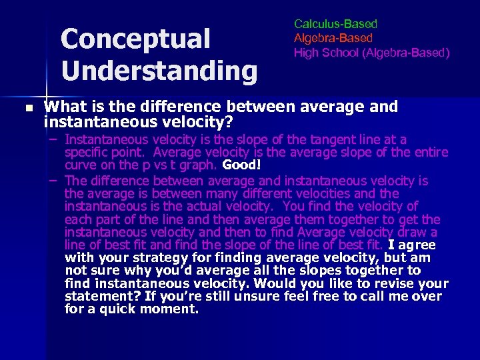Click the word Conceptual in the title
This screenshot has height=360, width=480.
click(x=135, y=39)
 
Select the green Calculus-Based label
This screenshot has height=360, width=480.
click(x=335, y=24)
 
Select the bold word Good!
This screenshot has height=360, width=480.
click(x=242, y=165)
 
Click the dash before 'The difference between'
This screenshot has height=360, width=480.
click(x=53, y=181)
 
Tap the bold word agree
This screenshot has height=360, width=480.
click(x=417, y=245)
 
